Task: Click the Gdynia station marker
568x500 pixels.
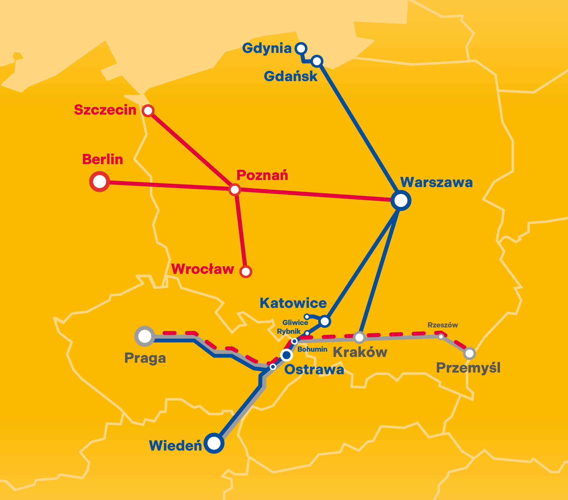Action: [x=300, y=49]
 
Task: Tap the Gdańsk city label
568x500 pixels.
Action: [x=290, y=76]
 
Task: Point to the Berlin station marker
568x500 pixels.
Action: [x=99, y=182]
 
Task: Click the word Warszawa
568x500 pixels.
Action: [x=436, y=183]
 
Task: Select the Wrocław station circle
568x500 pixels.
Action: [x=246, y=271]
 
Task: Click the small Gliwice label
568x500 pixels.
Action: [x=295, y=323]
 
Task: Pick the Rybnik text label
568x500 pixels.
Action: [x=289, y=331]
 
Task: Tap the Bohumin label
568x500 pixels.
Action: [x=312, y=349]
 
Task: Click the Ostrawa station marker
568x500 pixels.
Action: [x=286, y=355]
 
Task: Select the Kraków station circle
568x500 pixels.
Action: [x=359, y=337]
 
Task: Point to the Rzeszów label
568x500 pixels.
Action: [x=443, y=325]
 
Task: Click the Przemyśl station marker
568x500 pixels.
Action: [x=469, y=354]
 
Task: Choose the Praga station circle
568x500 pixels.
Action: [x=144, y=336]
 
